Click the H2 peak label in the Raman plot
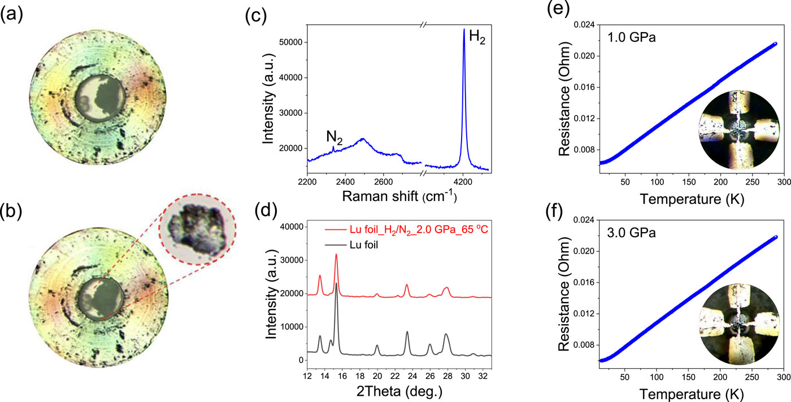(478, 40)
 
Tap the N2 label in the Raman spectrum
(334, 137)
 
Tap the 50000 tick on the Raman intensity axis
(290, 42)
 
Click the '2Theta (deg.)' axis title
(398, 390)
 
